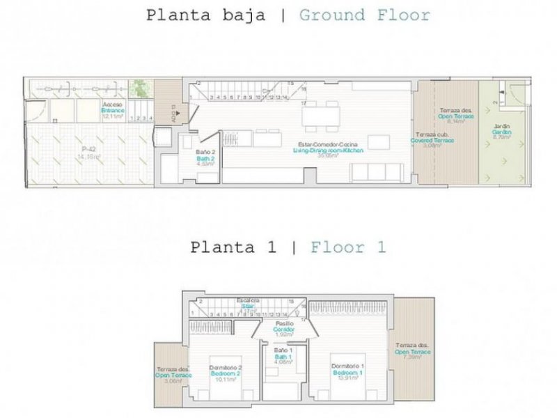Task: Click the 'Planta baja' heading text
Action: (205, 15)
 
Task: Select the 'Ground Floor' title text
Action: (364, 15)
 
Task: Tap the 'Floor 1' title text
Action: (348, 247)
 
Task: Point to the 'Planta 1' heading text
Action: (233, 247)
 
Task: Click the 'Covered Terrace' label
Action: (434, 140)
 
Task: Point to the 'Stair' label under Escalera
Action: (248, 305)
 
